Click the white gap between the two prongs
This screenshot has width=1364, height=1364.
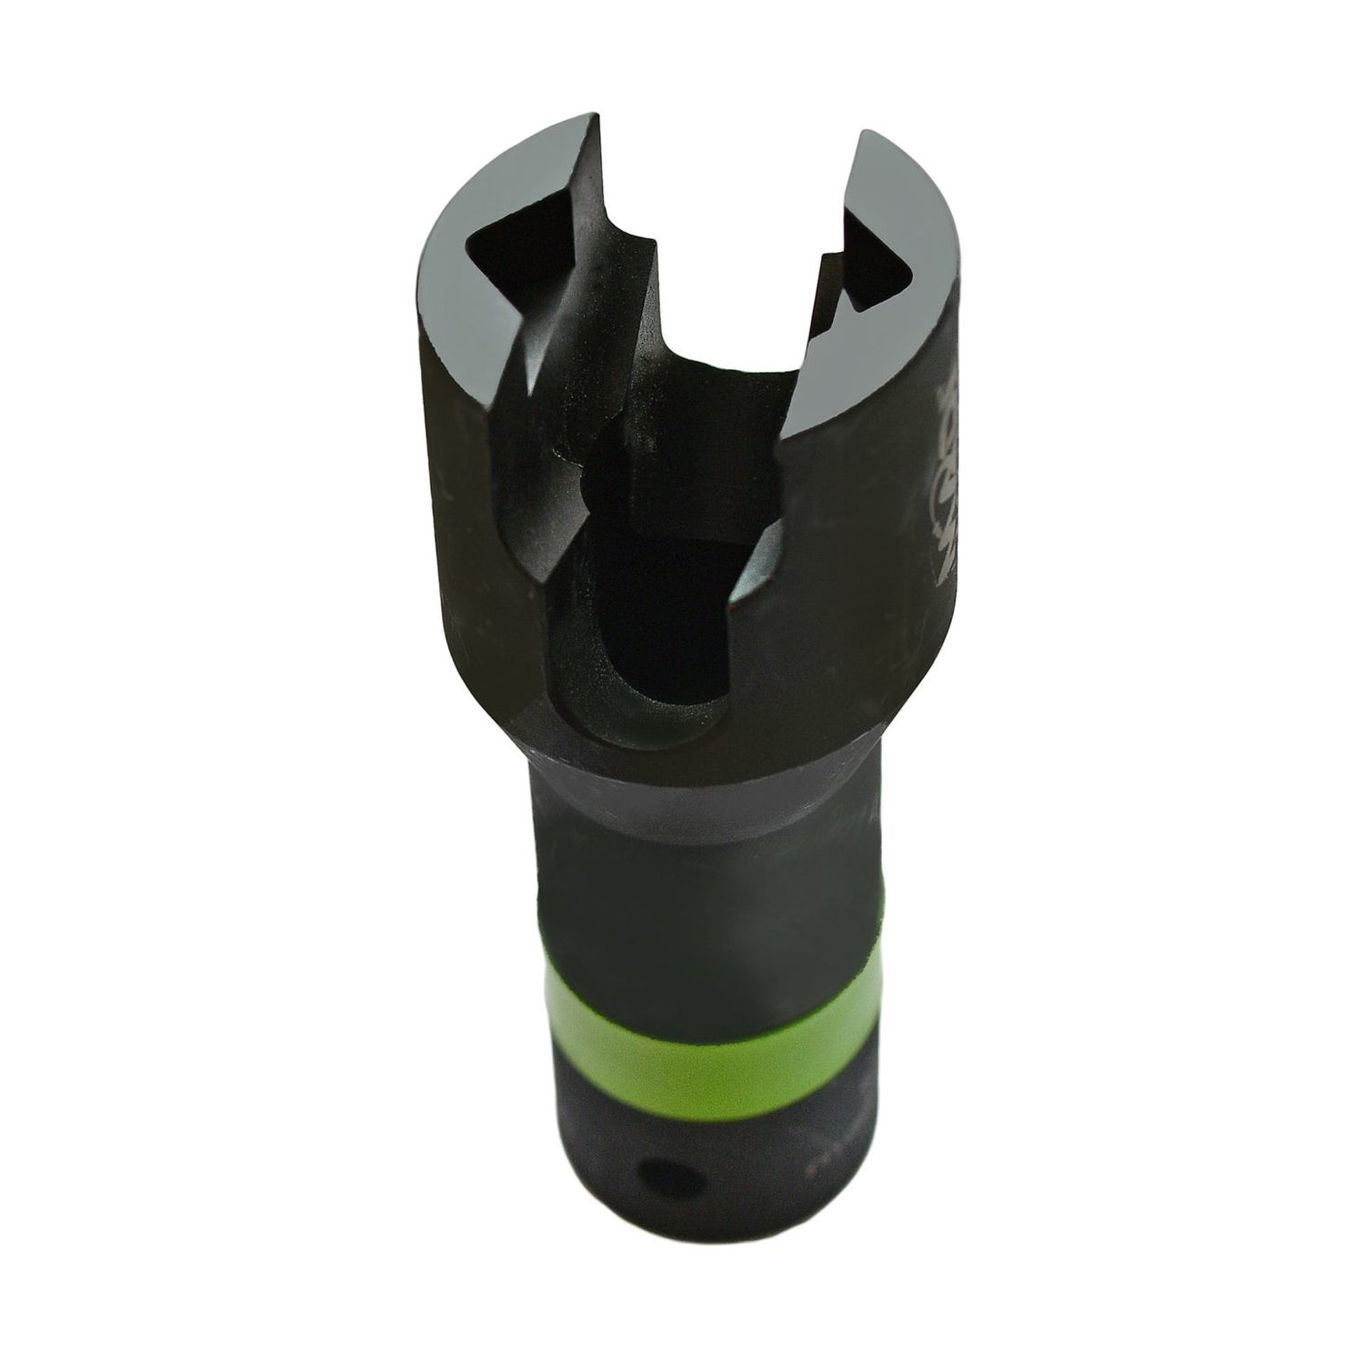coord(718,227)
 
